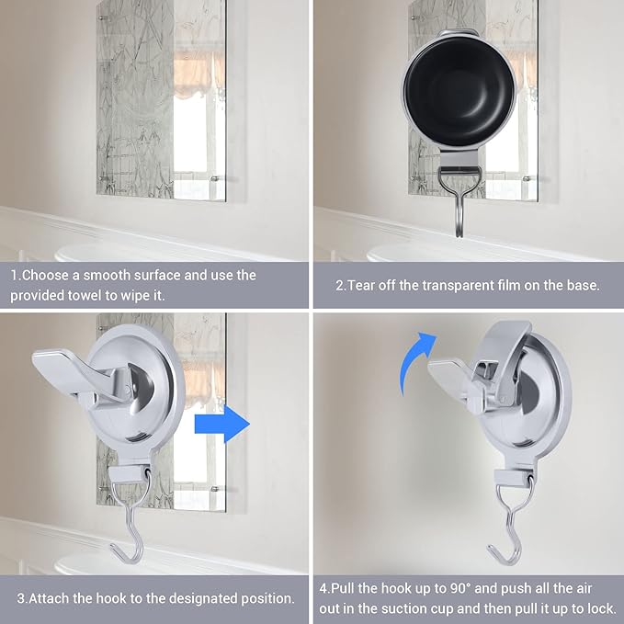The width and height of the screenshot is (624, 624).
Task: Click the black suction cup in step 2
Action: tap(459, 91)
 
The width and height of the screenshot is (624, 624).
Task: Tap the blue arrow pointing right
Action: tap(222, 425)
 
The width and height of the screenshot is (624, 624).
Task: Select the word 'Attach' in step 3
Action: tap(50, 598)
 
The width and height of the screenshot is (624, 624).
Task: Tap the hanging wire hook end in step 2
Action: tap(459, 232)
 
